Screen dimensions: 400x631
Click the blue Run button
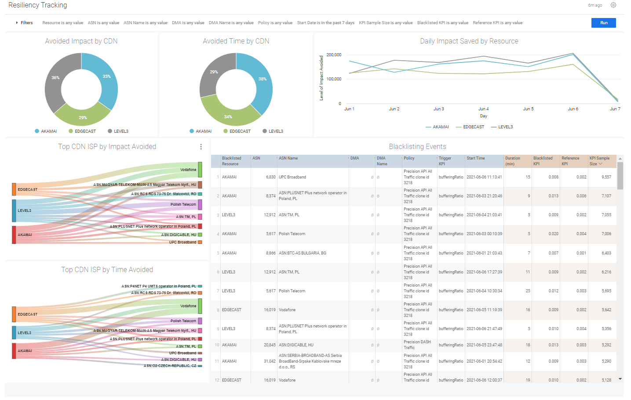tap(603, 23)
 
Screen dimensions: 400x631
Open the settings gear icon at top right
tap(613, 5)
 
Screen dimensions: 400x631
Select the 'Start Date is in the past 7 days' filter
tap(325, 23)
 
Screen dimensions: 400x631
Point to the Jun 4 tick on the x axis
tap(483, 109)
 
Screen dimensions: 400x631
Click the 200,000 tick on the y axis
tap(334, 55)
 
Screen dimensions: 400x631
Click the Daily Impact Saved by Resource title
tap(469, 41)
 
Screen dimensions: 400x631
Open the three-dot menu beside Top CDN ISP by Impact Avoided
tap(201, 147)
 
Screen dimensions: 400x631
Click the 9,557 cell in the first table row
tap(606, 177)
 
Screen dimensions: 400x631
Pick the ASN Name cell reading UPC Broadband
tap(292, 177)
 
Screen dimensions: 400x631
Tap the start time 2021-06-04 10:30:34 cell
tap(484, 291)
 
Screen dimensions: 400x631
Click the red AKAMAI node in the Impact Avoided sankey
tap(14, 235)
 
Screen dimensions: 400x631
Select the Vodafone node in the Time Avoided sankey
tap(200, 306)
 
